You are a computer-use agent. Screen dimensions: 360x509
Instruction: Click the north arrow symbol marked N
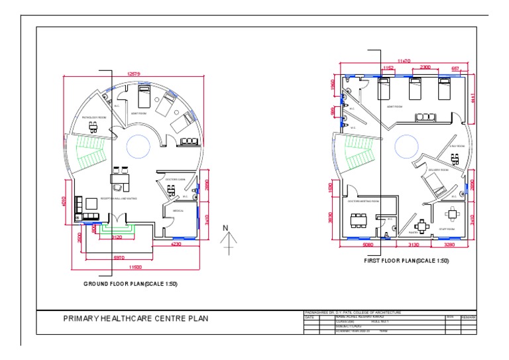coord(227,240)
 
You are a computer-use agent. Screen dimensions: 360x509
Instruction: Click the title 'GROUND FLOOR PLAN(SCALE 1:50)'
coord(130,283)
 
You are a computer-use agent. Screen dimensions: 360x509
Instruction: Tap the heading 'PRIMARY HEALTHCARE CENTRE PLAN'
coord(135,319)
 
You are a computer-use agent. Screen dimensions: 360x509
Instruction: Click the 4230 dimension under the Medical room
coord(176,245)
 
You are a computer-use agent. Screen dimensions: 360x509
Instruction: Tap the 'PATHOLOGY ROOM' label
coord(93,117)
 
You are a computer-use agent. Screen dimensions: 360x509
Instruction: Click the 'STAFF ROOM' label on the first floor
coord(448,230)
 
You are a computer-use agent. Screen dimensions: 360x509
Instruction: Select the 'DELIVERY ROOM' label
coord(439,170)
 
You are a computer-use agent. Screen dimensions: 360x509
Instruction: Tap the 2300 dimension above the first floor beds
coord(424,67)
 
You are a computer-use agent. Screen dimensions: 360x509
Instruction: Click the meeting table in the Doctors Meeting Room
coord(358,219)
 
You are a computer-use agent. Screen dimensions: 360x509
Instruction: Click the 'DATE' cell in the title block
coord(310,318)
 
